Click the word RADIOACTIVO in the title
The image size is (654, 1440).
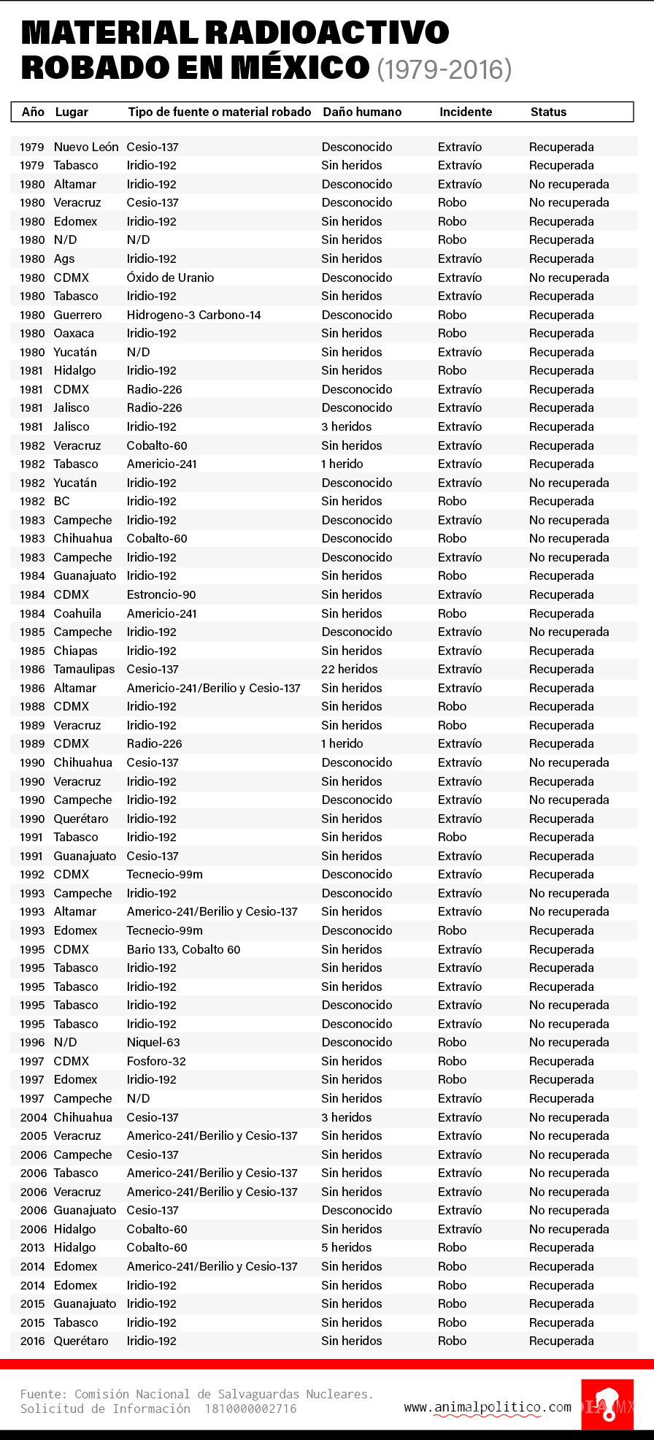[326, 33]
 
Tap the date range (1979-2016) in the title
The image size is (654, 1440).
[445, 69]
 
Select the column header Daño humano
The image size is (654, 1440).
[362, 112]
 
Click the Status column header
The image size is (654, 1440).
[548, 112]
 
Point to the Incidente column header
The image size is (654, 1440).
[466, 112]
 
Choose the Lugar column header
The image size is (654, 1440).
[72, 112]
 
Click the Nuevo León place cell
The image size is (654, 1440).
[86, 147]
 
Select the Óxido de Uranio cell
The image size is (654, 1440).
[170, 277]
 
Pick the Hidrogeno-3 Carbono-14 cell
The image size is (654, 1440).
[193, 315]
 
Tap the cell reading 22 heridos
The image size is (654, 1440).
[350, 669]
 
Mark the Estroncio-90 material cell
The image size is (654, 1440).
[161, 594]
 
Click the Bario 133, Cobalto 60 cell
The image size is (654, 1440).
[183, 949]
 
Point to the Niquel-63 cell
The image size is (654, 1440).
[153, 1042]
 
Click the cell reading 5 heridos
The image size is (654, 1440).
[347, 1247]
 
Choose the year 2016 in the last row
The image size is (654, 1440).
[33, 1341]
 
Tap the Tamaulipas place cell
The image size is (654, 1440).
[84, 669]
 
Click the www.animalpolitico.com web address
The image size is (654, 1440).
[488, 1407]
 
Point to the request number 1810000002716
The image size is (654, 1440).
[250, 1409]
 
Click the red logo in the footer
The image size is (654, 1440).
[607, 1404]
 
